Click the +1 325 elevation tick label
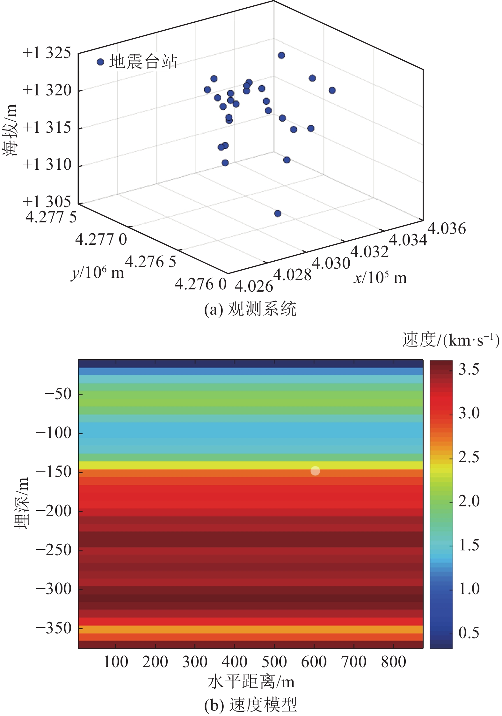tap(47, 53)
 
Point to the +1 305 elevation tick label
tap(47, 202)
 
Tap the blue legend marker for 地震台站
tap(100, 62)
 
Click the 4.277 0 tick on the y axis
tap(101, 239)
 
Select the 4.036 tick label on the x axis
tap(447, 229)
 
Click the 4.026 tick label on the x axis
tap(254, 286)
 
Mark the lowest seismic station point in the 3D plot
tap(278, 213)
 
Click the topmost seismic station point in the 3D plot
tap(281, 56)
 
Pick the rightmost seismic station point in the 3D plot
tap(332, 91)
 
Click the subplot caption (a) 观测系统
tap(251, 309)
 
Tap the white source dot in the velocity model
tap(315, 471)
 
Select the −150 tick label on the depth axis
tap(54, 472)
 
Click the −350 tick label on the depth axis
tap(54, 628)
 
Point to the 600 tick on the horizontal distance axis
tap(314, 662)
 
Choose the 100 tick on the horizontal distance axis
tap(116, 662)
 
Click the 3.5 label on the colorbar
tap(469, 369)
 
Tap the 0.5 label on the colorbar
tap(469, 633)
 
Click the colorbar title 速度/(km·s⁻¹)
tap(451, 340)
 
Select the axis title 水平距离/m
tap(251, 682)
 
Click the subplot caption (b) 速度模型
tap(251, 705)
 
